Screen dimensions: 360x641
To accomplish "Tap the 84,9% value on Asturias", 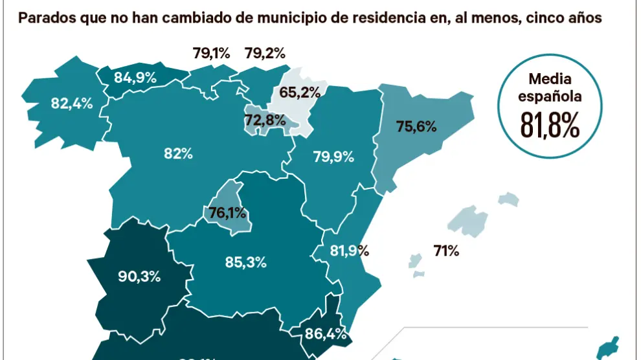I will [x=135, y=78].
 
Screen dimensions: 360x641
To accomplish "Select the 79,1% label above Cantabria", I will [x=211, y=53].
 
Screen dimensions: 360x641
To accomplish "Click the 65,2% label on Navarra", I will [x=299, y=92].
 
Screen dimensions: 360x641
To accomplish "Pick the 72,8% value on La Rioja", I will [x=265, y=119].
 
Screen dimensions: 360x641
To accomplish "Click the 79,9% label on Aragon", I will [x=333, y=156].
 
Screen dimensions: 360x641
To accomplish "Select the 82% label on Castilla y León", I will [x=178, y=153].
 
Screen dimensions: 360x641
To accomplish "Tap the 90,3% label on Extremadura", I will [x=140, y=276].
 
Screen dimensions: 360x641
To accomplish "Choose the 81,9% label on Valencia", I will [x=348, y=251].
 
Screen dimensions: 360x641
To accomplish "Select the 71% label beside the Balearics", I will [x=446, y=251].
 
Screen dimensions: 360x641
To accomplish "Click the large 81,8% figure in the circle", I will [x=550, y=127].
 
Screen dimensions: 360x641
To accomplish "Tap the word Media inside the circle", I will [x=550, y=79].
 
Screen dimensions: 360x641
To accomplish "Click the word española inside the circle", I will [x=550, y=96].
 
